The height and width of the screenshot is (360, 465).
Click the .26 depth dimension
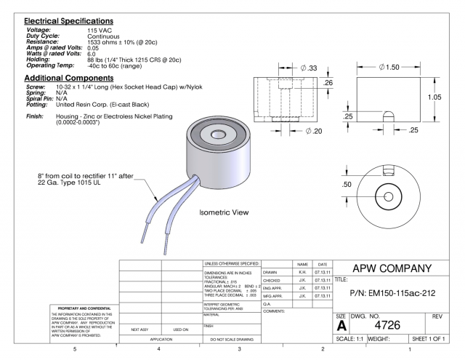point(328,83)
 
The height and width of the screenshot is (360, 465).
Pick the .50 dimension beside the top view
point(347,184)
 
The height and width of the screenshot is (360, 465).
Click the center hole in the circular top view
point(387,197)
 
